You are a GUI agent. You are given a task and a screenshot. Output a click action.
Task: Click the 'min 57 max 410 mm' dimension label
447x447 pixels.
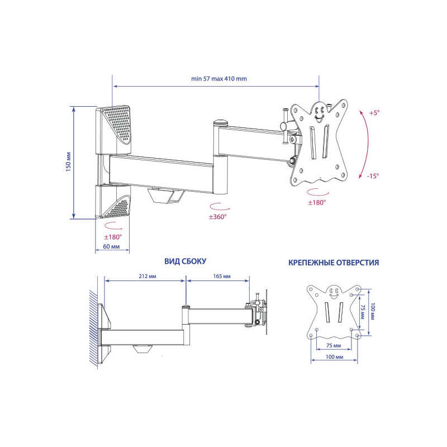click(x=219, y=79)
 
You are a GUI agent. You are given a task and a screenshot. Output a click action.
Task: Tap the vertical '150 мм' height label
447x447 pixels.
click(x=68, y=162)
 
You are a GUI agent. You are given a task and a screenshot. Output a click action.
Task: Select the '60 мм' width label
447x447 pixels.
click(x=111, y=246)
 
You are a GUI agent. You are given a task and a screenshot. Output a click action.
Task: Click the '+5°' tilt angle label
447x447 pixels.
click(x=374, y=113)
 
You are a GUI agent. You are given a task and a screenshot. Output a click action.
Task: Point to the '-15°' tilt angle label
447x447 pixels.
click(x=373, y=176)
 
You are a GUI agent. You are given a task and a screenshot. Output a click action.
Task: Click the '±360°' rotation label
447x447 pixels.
click(x=217, y=217)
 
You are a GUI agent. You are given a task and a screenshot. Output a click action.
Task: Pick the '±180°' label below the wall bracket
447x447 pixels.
click(x=113, y=237)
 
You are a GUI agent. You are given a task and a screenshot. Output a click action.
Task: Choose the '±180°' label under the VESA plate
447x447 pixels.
click(x=317, y=203)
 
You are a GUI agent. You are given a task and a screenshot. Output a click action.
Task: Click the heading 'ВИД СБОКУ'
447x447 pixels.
click(x=186, y=261)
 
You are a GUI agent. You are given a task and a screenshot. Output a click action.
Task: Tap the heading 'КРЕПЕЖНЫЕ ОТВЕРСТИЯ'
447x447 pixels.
click(x=334, y=263)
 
